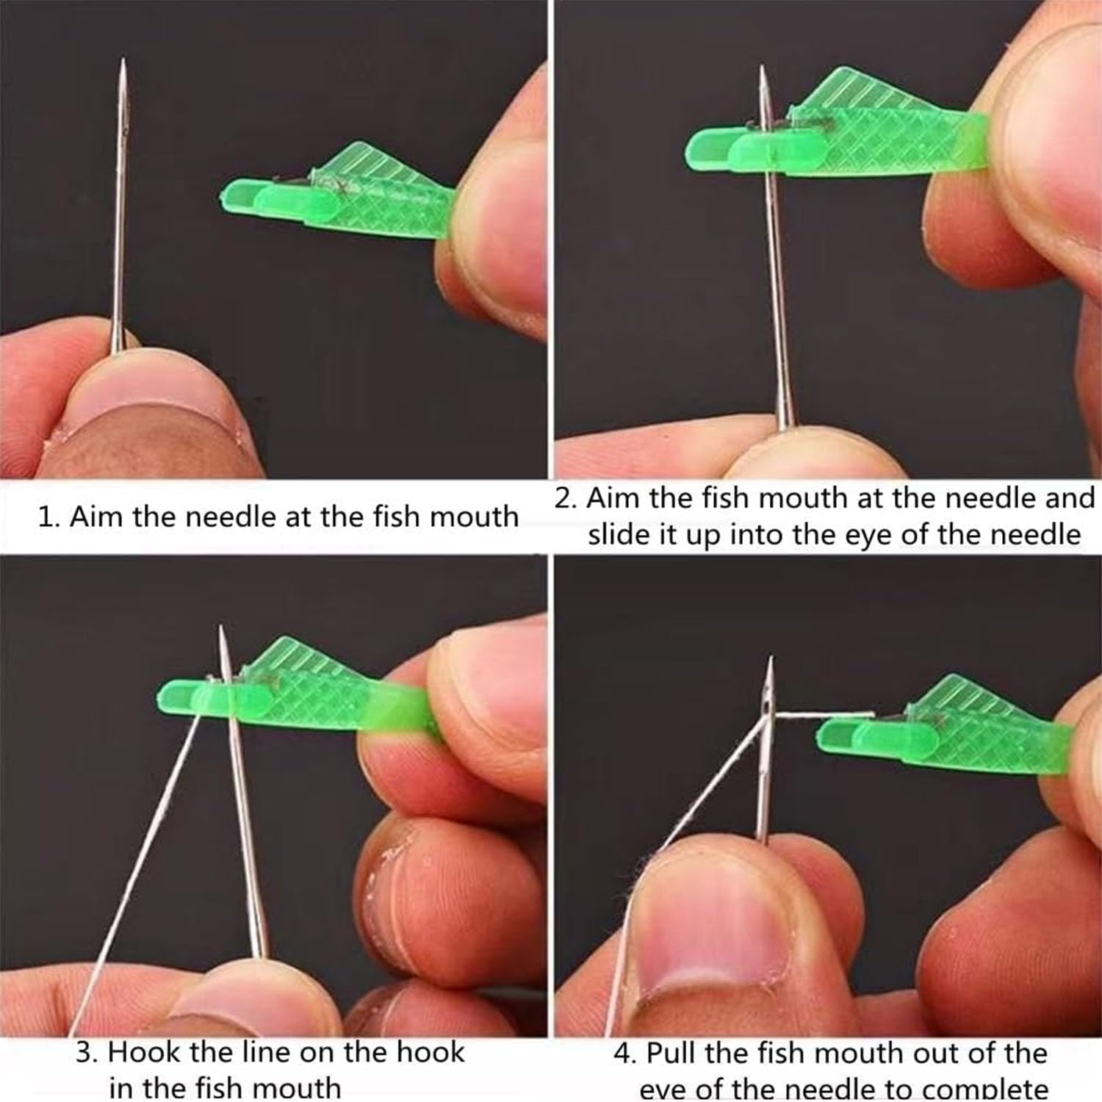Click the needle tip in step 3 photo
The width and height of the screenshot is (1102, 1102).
tap(220, 629)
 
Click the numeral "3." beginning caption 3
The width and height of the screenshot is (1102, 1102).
tap(87, 1052)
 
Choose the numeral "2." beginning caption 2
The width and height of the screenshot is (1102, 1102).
tap(566, 499)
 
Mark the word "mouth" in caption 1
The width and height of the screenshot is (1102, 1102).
tap(474, 516)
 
